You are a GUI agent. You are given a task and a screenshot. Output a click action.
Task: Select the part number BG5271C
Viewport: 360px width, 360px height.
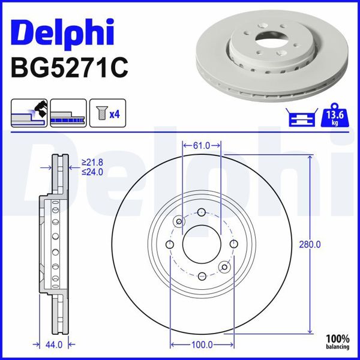tap(70, 67)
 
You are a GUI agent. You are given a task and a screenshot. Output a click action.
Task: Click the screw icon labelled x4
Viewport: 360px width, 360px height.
tap(108, 113)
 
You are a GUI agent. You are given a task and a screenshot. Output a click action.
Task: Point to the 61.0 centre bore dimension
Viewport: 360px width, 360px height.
tap(202, 145)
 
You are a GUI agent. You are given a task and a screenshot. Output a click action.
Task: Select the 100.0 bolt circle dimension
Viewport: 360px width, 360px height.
tap(202, 345)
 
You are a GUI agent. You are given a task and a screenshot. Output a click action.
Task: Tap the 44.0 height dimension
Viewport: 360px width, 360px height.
tap(55, 345)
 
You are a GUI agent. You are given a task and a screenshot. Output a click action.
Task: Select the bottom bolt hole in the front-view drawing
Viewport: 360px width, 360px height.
tap(202, 276)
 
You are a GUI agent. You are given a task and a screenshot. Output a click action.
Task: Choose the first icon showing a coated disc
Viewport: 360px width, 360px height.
tap(29, 113)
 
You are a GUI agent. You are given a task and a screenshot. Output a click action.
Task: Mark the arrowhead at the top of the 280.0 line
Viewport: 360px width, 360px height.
tap(310, 157)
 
